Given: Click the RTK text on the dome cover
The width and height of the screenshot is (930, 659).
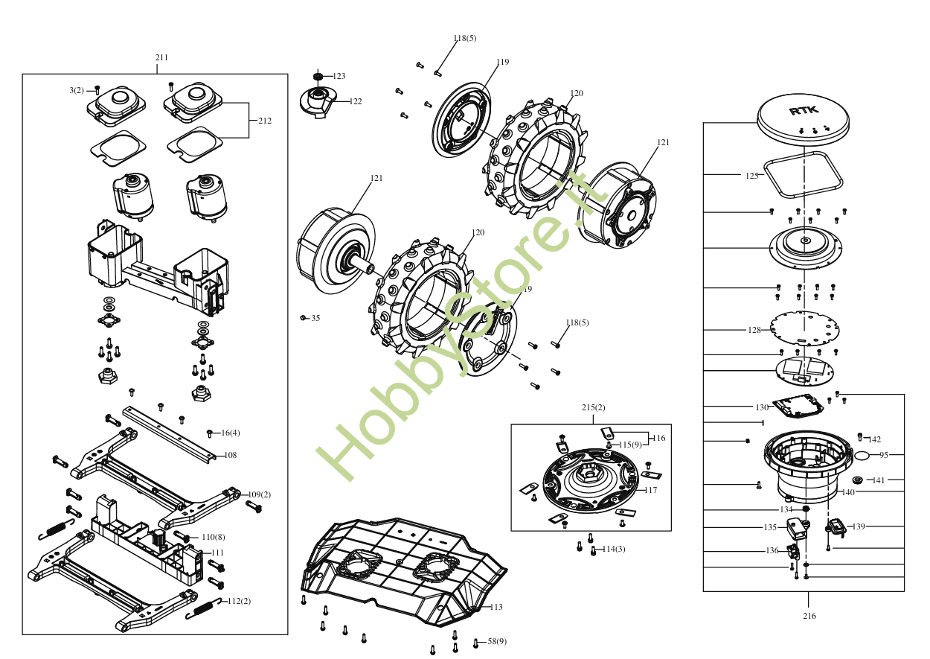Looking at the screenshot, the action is point(804,110).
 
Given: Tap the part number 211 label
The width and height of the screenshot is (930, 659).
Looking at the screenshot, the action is point(161,57).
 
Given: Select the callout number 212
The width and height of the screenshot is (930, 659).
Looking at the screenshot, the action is point(265,121).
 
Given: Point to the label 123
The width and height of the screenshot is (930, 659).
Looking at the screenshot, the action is point(339,76).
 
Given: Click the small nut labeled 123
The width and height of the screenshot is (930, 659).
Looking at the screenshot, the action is point(318,77).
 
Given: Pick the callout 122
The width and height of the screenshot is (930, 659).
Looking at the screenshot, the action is point(356,101).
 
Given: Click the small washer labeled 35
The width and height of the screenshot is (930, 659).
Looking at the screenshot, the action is point(303,318).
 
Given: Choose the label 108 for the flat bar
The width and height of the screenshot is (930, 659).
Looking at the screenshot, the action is point(231,455).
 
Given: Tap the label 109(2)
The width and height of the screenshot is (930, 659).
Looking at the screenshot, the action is point(260,494).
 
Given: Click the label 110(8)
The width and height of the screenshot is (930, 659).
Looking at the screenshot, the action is point(214,537).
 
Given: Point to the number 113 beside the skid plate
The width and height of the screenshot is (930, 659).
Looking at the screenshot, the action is point(496,607).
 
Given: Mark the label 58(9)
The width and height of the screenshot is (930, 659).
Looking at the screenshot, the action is point(497,641).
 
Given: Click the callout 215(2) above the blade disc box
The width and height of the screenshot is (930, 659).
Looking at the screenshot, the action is point(593,407).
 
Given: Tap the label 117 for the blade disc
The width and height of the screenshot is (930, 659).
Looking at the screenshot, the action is point(650,490).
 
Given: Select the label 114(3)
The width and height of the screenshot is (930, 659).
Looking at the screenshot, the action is point(614,549).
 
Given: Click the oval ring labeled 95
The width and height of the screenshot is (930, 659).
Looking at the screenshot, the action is point(862,456).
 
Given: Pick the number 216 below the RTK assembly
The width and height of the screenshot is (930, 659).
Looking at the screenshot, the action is point(809,616).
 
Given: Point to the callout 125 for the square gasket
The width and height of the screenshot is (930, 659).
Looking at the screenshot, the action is point(752,176).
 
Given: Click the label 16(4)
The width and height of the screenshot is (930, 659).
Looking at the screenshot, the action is point(231,433).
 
